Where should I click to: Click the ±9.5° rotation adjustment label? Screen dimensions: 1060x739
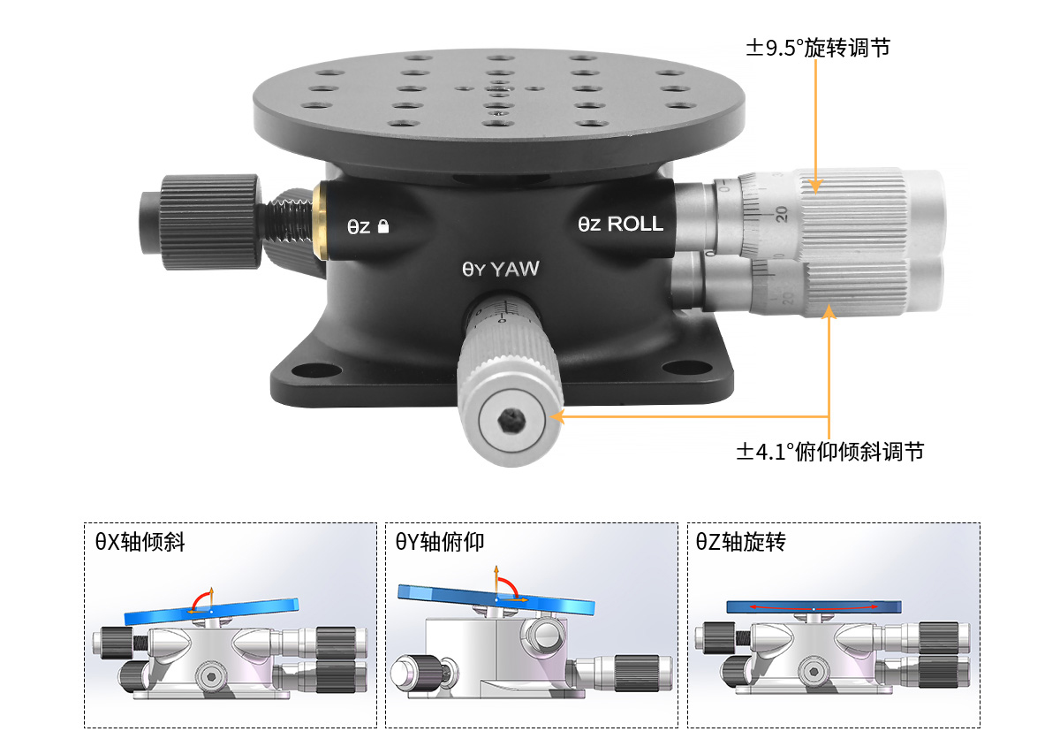(x=818, y=48)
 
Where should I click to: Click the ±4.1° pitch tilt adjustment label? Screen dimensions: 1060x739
(x=829, y=452)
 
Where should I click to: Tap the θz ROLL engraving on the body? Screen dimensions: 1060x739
(x=620, y=224)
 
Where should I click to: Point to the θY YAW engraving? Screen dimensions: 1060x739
(x=501, y=269)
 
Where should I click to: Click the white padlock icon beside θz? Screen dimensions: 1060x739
(x=383, y=226)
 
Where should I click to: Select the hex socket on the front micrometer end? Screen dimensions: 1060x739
(x=511, y=421)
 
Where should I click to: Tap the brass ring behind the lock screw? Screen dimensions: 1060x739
(x=320, y=221)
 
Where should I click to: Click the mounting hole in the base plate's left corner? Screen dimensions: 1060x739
(x=315, y=369)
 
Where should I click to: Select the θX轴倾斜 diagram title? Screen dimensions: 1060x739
(x=140, y=542)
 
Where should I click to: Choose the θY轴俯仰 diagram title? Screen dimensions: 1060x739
(x=440, y=542)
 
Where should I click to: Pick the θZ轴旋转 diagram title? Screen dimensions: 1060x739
(x=740, y=542)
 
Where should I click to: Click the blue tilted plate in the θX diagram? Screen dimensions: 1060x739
(x=211, y=612)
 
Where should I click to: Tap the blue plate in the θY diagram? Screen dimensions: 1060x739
(x=496, y=600)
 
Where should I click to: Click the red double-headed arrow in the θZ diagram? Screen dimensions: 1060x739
(x=814, y=607)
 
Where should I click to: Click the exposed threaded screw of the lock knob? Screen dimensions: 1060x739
(x=287, y=221)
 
